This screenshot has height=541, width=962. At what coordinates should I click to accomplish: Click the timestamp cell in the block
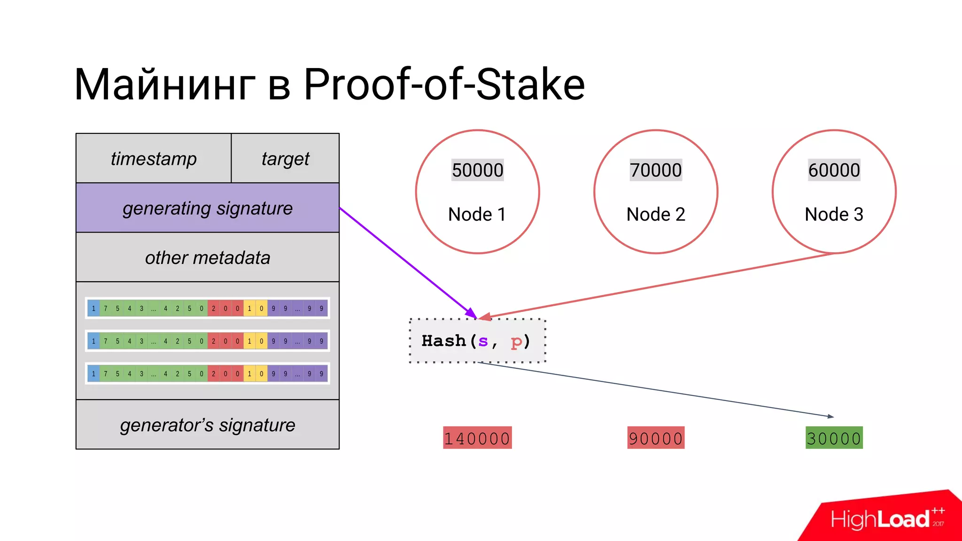pyautogui.click(x=154, y=159)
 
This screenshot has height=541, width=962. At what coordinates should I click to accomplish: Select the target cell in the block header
pyautogui.click(x=285, y=159)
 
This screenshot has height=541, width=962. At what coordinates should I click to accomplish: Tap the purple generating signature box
pyautogui.click(x=207, y=208)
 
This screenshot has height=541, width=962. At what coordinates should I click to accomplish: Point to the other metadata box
pyautogui.click(x=207, y=257)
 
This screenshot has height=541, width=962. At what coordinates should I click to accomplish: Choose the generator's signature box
pyautogui.click(x=207, y=425)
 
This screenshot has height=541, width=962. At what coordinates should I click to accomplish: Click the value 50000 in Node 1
pyautogui.click(x=477, y=170)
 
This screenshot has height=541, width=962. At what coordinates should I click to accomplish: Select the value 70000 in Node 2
pyautogui.click(x=656, y=170)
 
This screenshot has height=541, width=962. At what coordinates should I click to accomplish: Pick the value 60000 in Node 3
pyautogui.click(x=834, y=170)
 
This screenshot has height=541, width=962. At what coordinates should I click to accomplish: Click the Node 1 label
pyautogui.click(x=477, y=214)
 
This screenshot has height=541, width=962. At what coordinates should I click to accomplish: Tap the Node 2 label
pyautogui.click(x=656, y=214)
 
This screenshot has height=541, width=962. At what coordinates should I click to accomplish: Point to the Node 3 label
pyautogui.click(x=834, y=214)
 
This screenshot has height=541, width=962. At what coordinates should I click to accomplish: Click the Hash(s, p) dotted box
pyautogui.click(x=477, y=341)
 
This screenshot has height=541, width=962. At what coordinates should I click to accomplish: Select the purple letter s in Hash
pyautogui.click(x=483, y=341)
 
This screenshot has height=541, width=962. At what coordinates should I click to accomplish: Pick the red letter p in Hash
pyautogui.click(x=516, y=342)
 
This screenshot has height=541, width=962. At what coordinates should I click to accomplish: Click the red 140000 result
pyautogui.click(x=477, y=438)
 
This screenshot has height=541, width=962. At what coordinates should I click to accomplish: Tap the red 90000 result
pyautogui.click(x=656, y=438)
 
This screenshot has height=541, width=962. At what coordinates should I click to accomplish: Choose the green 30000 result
pyautogui.click(x=834, y=438)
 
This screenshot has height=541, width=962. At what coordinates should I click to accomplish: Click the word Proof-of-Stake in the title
pyautogui.click(x=444, y=85)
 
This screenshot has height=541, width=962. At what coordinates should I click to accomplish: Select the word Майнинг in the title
pyautogui.click(x=164, y=85)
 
